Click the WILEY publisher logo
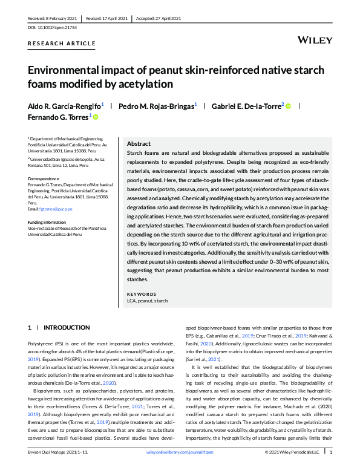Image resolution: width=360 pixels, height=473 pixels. [315, 40]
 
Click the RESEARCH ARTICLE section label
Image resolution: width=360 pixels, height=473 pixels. [62, 44]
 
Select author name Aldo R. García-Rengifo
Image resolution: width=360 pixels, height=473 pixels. [64, 106]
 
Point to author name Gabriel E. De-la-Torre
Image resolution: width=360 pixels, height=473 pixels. [246, 106]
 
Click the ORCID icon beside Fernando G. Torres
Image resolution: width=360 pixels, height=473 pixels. [95, 117]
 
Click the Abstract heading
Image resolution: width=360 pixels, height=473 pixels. [139, 144]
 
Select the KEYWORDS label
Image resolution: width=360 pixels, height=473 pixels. [142, 294]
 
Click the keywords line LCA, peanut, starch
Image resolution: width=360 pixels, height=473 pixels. [148, 301]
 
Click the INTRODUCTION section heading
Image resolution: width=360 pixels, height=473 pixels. [67, 327]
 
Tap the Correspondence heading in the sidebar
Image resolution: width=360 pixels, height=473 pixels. [45, 178]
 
